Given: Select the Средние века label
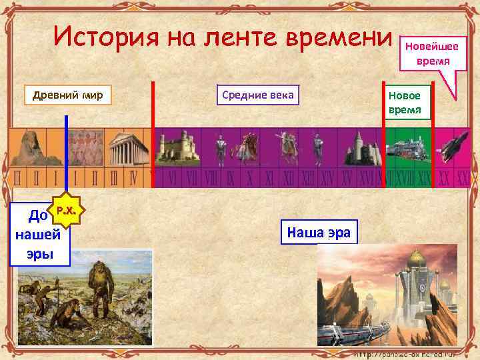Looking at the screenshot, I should (256, 95).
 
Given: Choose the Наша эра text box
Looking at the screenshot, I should (319, 232).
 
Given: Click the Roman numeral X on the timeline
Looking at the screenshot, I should (251, 179).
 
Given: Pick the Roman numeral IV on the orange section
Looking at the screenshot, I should (133, 179).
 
